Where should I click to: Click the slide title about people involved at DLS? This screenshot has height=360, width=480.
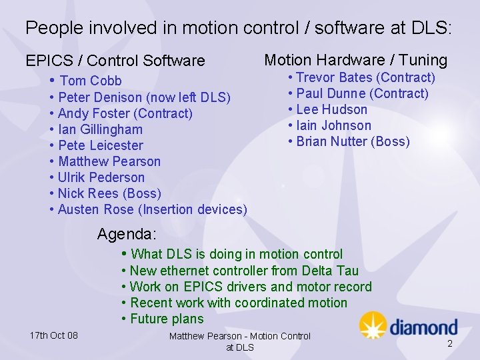[x=239, y=28]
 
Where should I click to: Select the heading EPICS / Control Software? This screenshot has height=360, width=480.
[x=115, y=61]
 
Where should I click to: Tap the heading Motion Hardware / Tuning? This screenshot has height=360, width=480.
[x=355, y=60]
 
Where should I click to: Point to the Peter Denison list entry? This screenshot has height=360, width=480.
[x=144, y=97]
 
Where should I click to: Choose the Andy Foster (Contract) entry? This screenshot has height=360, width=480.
[x=125, y=113]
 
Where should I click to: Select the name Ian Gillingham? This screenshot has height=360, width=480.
[x=100, y=129]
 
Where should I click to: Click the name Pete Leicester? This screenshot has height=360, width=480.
[x=100, y=145]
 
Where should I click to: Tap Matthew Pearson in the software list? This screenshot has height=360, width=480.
[x=109, y=161]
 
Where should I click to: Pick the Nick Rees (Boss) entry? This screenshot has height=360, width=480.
[x=109, y=193]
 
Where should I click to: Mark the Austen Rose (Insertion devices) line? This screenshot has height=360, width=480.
[x=152, y=209]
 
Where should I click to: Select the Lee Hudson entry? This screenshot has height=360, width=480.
[x=331, y=109]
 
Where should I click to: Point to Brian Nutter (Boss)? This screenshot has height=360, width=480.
[x=353, y=141]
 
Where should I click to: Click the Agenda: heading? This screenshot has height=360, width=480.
[x=127, y=234]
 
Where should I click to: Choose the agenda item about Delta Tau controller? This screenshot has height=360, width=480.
[x=244, y=270]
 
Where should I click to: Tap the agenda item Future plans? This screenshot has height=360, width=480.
[x=167, y=318]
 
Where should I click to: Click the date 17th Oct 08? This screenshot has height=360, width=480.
[x=53, y=335]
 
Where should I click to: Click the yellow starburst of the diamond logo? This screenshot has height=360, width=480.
[x=373, y=325]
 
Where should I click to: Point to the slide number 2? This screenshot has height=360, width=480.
[x=449, y=343]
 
